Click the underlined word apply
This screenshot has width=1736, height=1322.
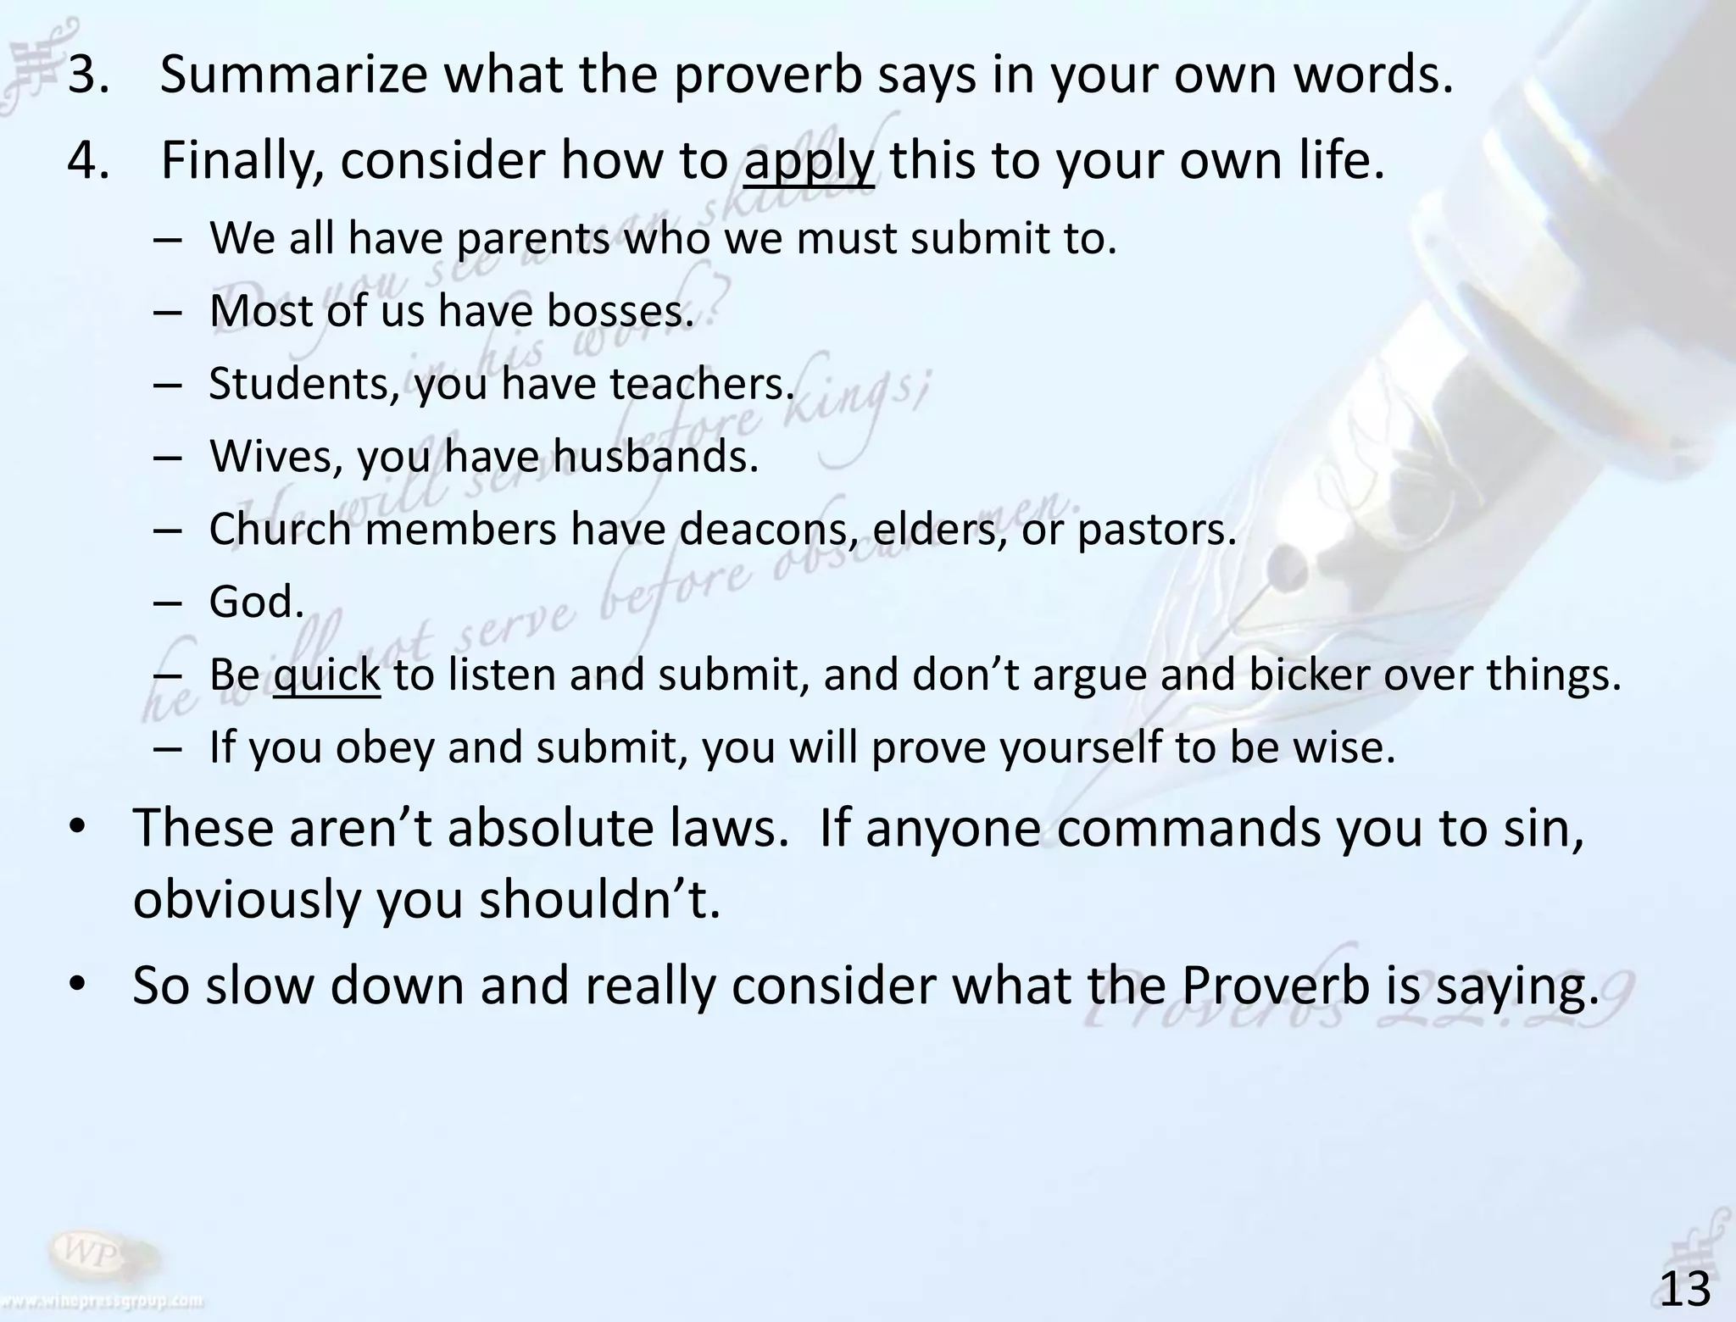click(x=809, y=161)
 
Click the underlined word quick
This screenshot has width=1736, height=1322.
click(x=327, y=675)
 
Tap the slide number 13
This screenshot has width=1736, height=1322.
click(x=1685, y=1290)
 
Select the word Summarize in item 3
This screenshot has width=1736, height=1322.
click(x=293, y=75)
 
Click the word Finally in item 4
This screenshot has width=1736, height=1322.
click(x=241, y=161)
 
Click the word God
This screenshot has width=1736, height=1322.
click(x=256, y=603)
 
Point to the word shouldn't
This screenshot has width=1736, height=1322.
click(x=599, y=900)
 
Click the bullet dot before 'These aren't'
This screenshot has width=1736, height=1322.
click(x=78, y=829)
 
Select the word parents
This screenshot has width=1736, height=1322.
click(x=532, y=238)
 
